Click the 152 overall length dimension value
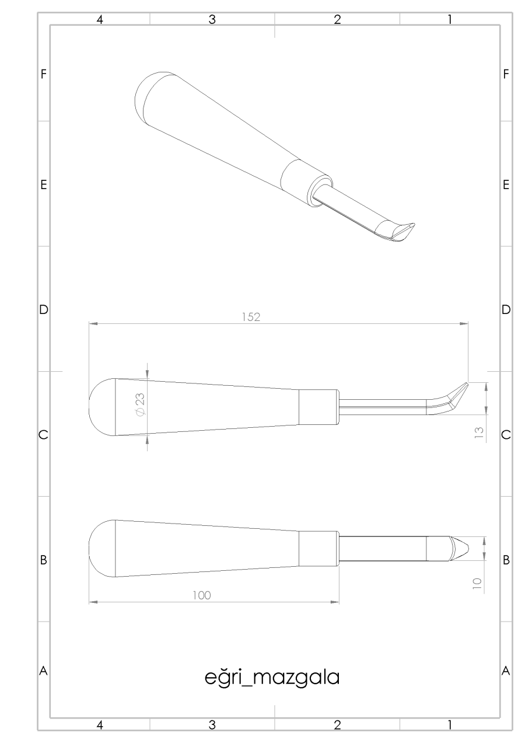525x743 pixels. click(251, 317)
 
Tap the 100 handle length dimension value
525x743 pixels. click(201, 595)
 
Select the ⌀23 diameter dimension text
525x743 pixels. click(140, 404)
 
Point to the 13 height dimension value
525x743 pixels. click(479, 433)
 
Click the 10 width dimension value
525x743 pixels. click(477, 584)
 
